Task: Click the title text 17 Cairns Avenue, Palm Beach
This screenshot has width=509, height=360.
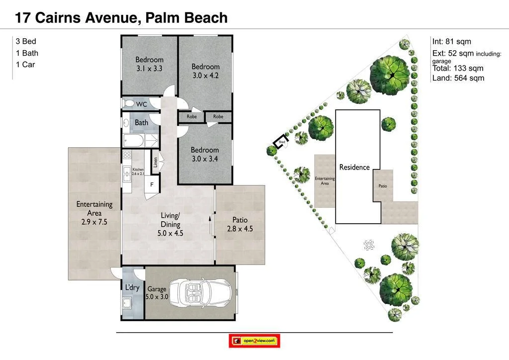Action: (x=121, y=18)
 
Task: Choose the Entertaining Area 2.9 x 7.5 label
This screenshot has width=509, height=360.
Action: (x=94, y=213)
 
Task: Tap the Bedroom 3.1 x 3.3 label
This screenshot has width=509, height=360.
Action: (x=149, y=64)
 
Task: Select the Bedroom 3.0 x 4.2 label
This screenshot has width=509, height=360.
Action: (x=205, y=71)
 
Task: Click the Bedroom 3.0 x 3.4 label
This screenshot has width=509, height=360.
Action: (x=204, y=154)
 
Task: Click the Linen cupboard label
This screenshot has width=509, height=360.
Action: (x=155, y=162)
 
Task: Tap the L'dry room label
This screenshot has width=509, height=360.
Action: (x=132, y=287)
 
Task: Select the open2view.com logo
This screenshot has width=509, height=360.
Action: (x=254, y=341)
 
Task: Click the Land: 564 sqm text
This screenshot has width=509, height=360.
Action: (x=458, y=78)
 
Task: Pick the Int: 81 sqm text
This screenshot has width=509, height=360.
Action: (x=452, y=42)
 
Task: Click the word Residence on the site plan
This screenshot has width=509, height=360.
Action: (x=354, y=167)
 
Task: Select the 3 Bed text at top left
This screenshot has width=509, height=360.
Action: (x=26, y=42)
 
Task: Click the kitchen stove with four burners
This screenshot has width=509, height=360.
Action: (x=127, y=155)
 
